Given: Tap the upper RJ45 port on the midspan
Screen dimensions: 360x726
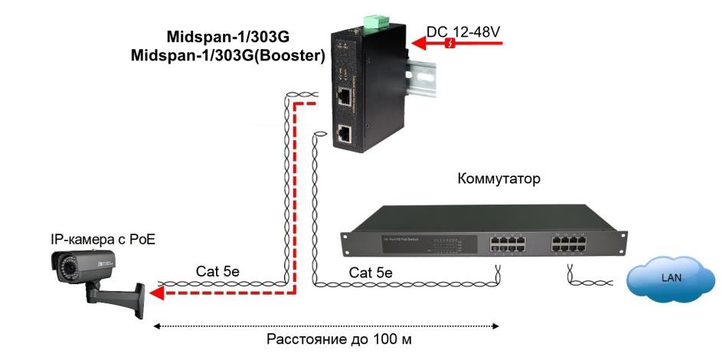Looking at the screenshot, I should click(x=346, y=97).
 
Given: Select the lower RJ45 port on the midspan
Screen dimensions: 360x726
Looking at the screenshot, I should click(x=345, y=134).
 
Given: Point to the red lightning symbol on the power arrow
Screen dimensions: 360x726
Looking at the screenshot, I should click(x=451, y=44).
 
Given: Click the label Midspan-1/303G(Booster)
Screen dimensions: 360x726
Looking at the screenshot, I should click(x=228, y=55).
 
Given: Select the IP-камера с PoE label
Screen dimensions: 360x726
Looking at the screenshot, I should click(x=103, y=240).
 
